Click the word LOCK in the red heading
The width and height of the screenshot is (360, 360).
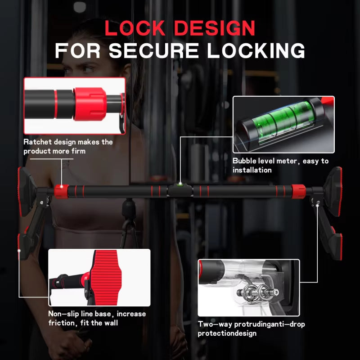click(135, 28)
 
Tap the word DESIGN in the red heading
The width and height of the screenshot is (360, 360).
click(215, 28)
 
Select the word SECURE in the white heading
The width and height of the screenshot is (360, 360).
click(153, 50)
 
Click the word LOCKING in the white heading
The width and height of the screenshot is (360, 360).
click(256, 50)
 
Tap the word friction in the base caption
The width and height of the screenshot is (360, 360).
click(62, 323)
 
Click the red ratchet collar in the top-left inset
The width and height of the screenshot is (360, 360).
click(90, 104)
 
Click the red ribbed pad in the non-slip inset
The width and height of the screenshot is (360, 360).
click(107, 277)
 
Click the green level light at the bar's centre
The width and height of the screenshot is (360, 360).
click(180, 184)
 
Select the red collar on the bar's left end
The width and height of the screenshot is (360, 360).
click(61, 192)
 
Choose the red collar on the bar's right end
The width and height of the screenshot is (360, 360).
click(298, 192)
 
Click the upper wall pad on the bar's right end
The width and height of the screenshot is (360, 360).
click(333, 192)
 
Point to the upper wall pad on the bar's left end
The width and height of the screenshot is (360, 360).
click(26, 192)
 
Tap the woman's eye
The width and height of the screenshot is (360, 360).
click(89, 69)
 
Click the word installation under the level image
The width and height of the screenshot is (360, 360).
click(252, 170)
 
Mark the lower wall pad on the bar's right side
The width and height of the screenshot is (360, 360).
click(336, 244)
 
